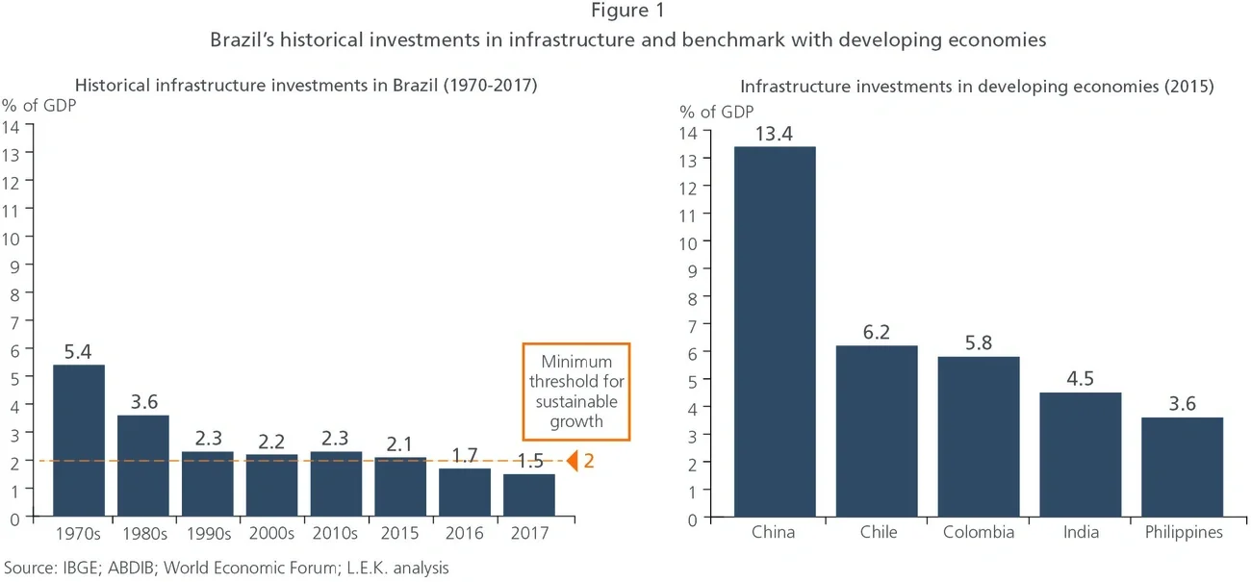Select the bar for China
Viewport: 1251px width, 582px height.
[775, 332]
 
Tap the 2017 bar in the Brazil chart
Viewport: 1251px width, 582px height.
[528, 495]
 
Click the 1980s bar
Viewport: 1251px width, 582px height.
[142, 466]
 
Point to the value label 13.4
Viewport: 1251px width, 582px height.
[775, 132]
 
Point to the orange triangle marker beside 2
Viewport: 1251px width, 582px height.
[572, 461]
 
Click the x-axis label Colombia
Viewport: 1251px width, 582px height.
[978, 532]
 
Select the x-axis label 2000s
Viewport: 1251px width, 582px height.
[271, 532]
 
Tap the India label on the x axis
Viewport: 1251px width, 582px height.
[1080, 532]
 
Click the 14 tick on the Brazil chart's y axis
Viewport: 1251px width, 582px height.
[12, 125]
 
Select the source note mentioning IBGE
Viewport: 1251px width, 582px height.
[227, 568]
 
